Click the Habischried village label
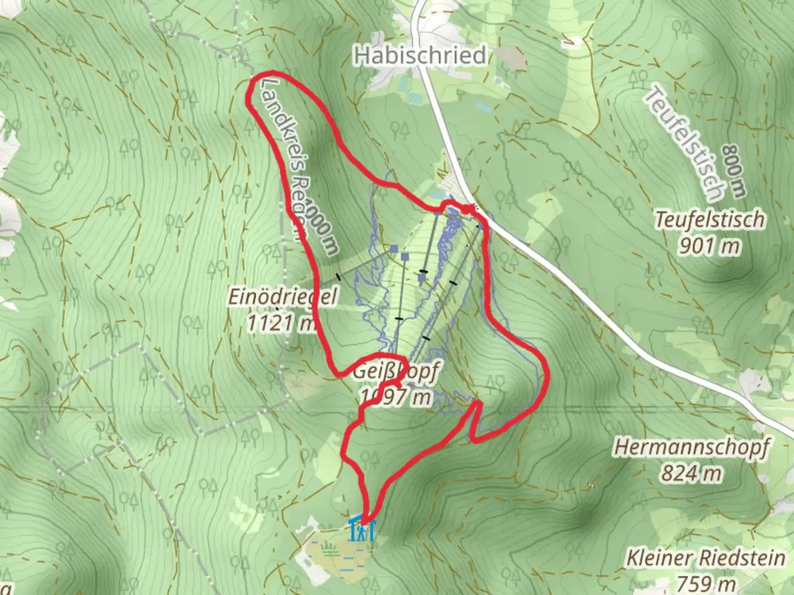[420, 56]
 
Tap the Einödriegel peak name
[282, 297]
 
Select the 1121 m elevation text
[281, 322]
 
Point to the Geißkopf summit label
[395, 372]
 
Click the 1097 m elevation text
[395, 396]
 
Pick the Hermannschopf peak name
[691, 448]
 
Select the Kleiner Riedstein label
[706, 558]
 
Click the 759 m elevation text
[706, 583]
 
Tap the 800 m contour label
[734, 171]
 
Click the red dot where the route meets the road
[466, 209]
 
